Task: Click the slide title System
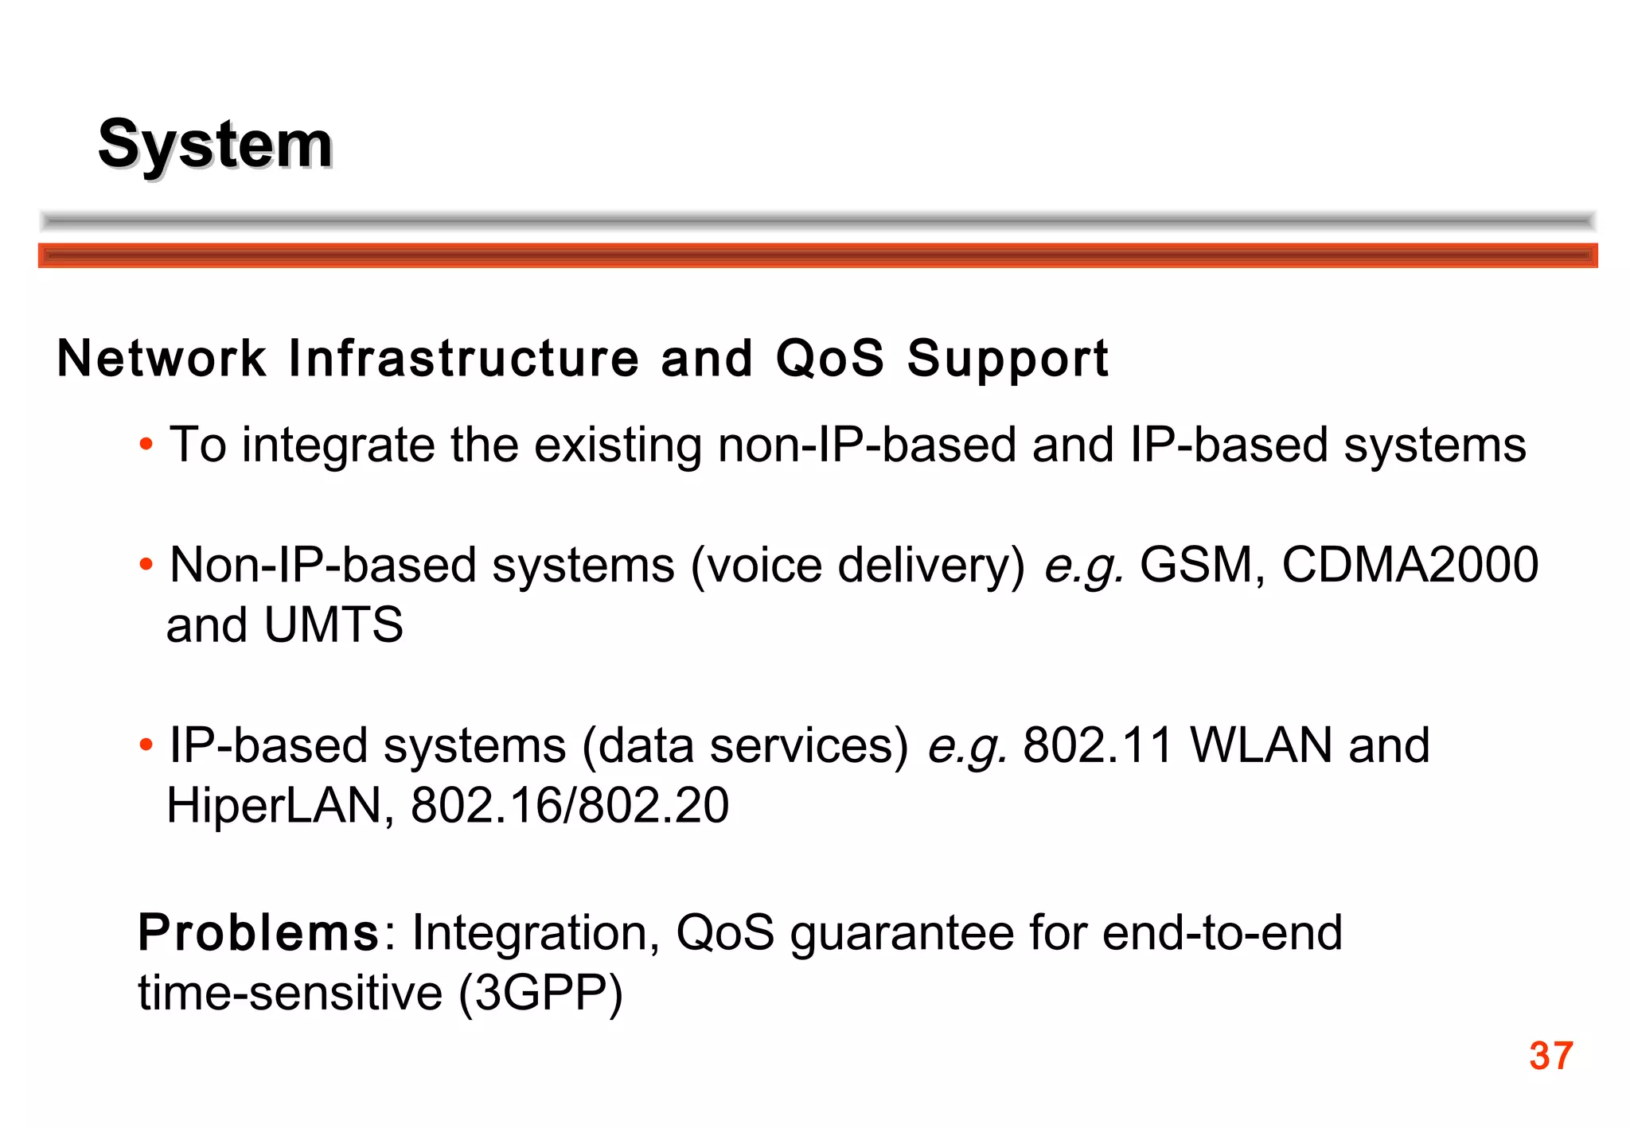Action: point(215,145)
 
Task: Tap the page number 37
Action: point(1550,1056)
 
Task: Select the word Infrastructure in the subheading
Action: point(463,358)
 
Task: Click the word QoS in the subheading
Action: point(829,358)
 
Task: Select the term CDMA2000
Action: point(1410,566)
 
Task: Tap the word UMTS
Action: point(333,625)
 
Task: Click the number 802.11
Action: point(1098,746)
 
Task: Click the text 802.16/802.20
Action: point(570,806)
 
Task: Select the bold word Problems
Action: point(259,933)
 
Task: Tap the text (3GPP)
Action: point(540,994)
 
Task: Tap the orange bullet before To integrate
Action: point(146,445)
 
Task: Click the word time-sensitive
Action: point(290,994)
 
